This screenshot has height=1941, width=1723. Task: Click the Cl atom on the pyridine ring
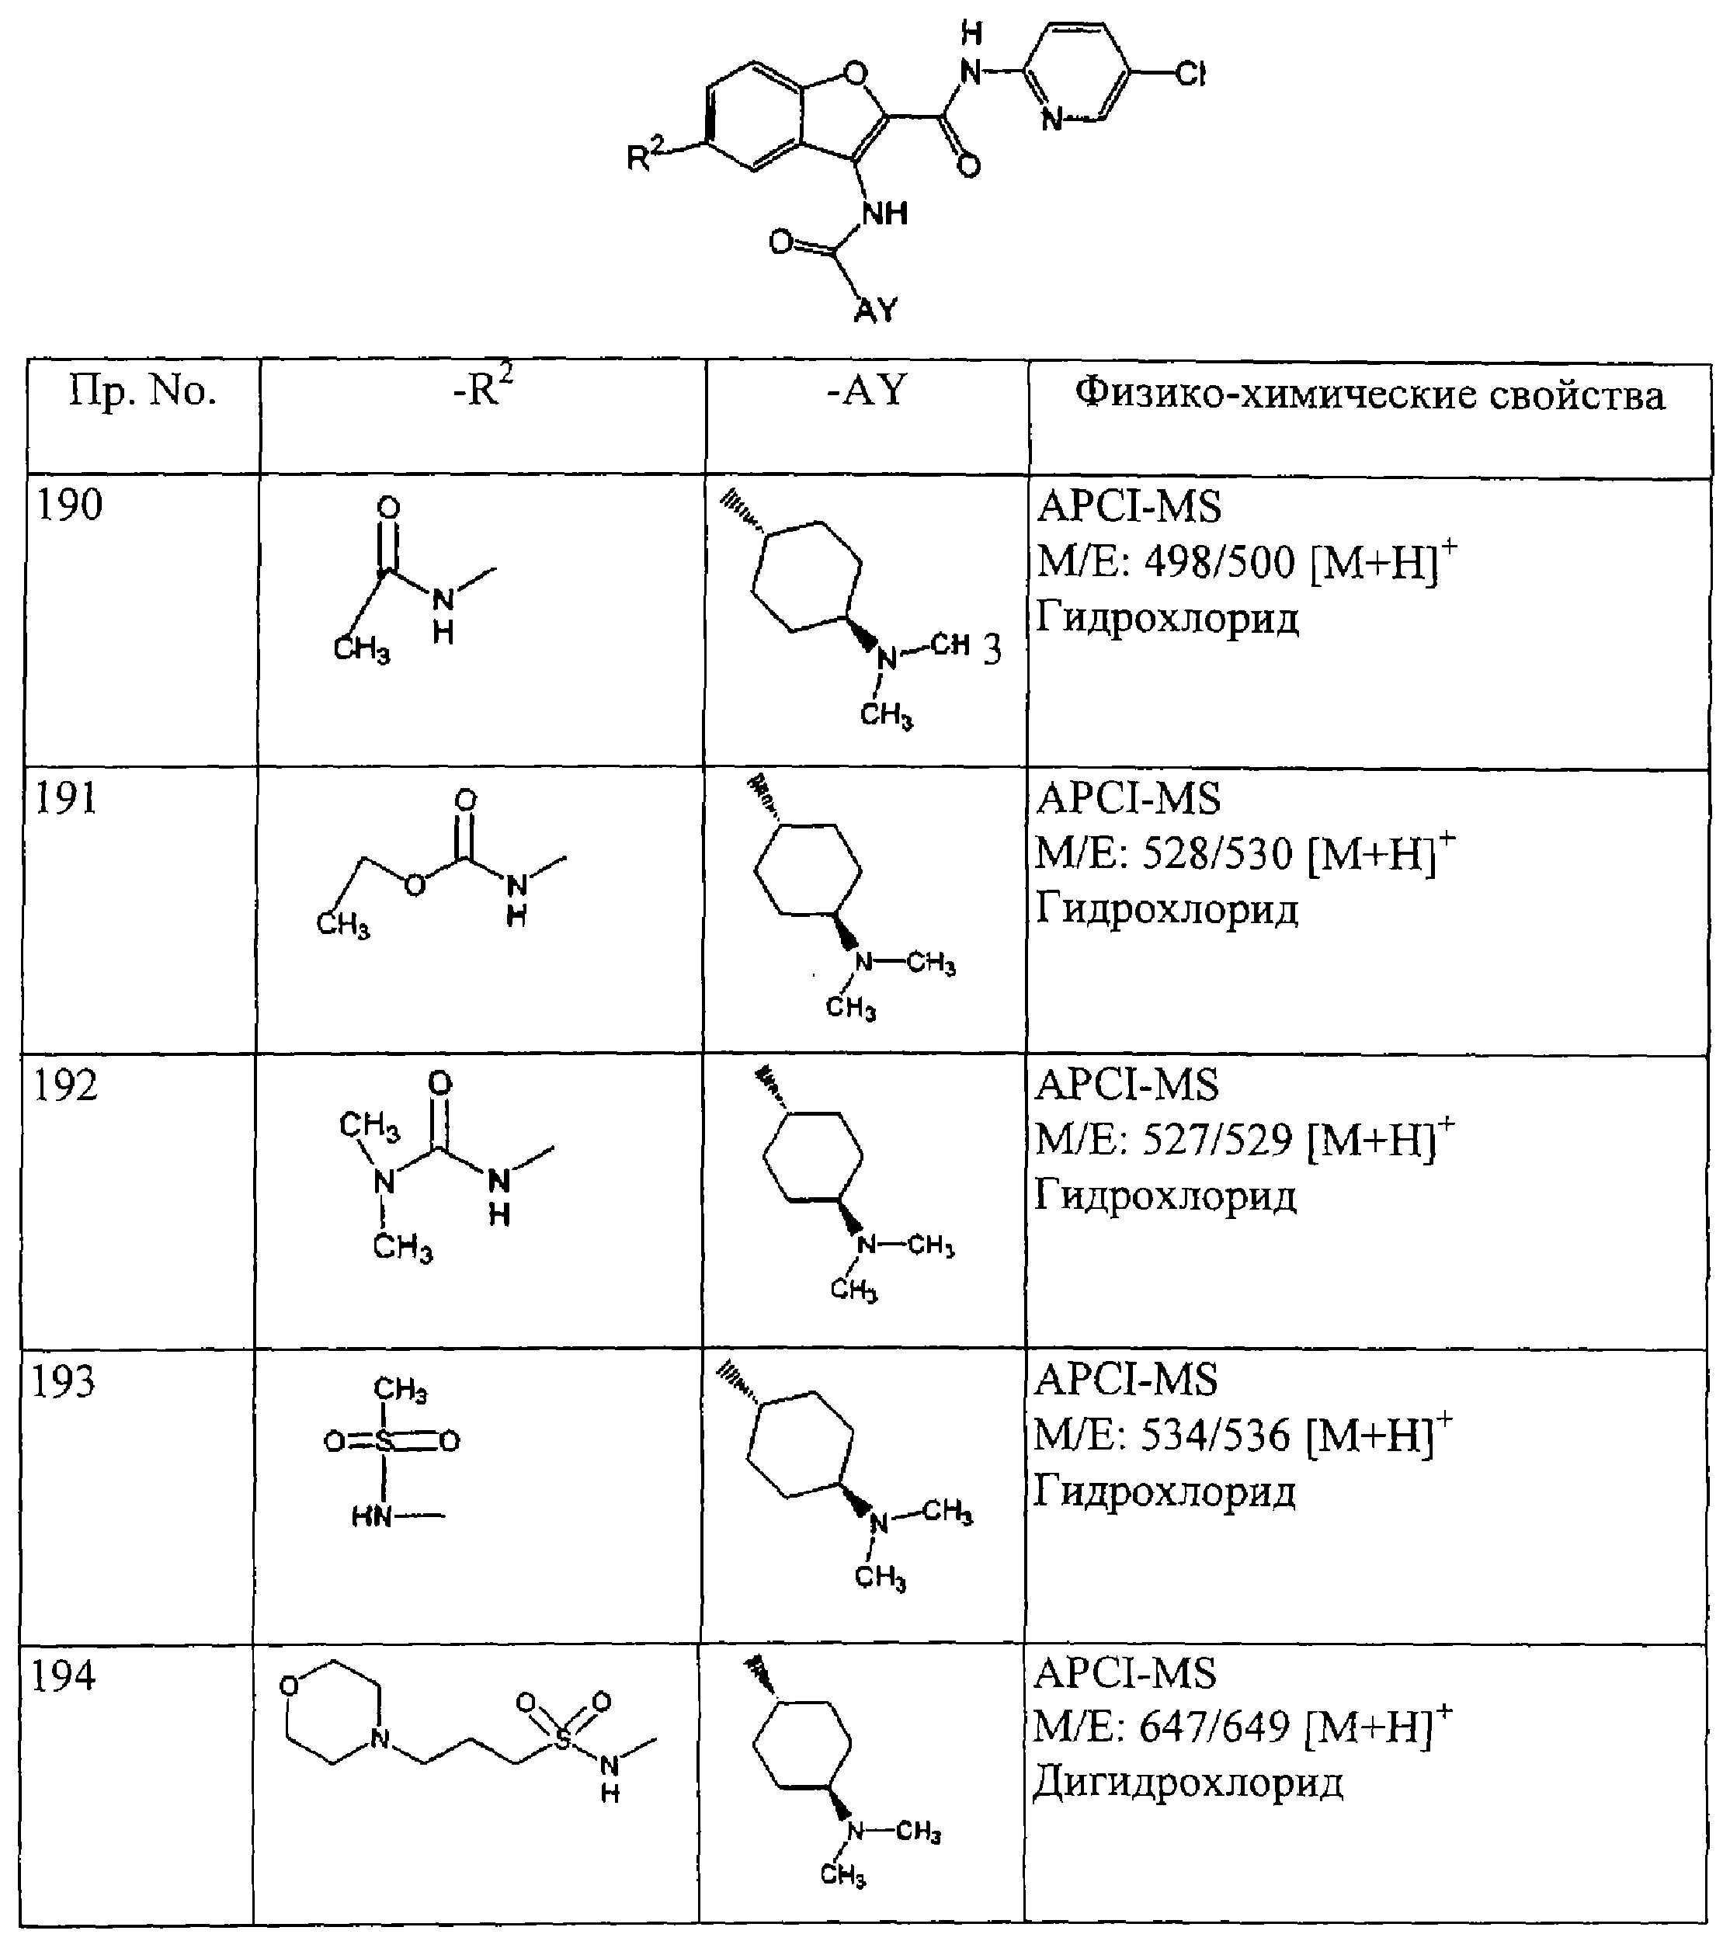(x=1190, y=73)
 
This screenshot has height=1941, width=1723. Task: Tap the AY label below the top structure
(x=875, y=310)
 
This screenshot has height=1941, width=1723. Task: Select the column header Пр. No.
(x=142, y=391)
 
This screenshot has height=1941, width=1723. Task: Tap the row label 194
(x=64, y=1675)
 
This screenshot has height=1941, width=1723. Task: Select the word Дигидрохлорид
(x=1188, y=1783)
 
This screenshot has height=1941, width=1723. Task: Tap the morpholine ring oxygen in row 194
(x=290, y=1686)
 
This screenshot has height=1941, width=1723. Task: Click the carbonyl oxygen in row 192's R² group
(x=439, y=1084)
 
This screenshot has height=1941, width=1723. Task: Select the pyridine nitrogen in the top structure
(x=1051, y=120)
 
